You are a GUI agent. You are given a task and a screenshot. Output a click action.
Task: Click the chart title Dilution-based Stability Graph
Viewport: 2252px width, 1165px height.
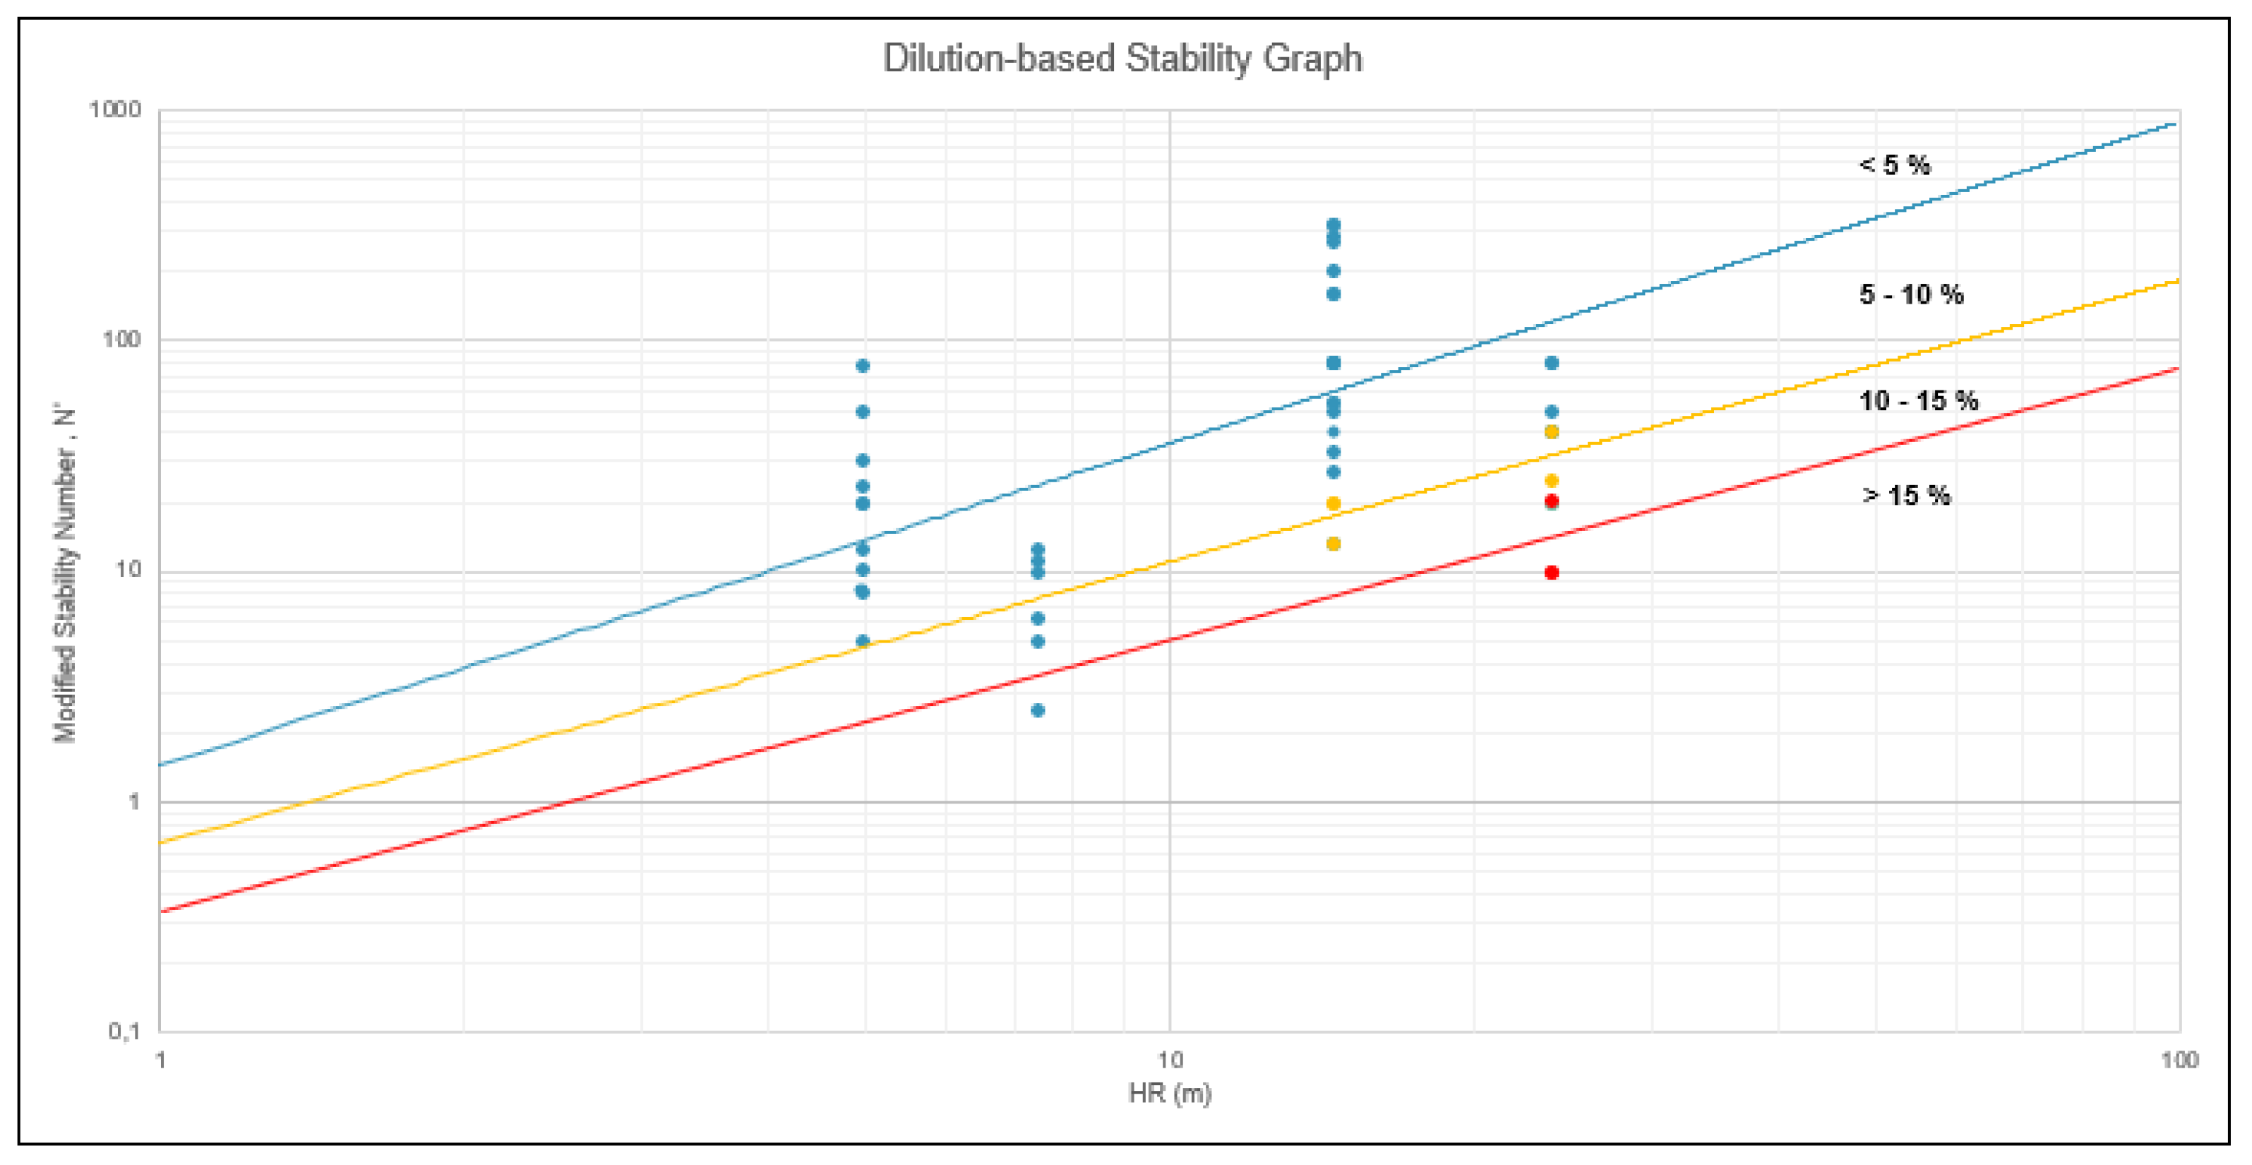(1122, 59)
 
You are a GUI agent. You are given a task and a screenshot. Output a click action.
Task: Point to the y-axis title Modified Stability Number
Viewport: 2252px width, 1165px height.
(66, 573)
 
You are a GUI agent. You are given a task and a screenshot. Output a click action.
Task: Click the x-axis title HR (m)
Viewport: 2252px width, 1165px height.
(1170, 1093)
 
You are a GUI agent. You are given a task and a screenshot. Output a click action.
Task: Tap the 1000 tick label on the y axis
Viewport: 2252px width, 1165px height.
(114, 109)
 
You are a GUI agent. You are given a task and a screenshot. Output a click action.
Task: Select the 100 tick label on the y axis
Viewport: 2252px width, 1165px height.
(121, 340)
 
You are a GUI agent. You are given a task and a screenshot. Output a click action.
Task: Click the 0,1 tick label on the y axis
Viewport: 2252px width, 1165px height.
(124, 1032)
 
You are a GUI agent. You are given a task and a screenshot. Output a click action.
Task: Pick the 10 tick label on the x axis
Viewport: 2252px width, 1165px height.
(1170, 1060)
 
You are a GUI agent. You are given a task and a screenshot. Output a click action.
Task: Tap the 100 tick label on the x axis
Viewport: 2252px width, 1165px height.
(2179, 1060)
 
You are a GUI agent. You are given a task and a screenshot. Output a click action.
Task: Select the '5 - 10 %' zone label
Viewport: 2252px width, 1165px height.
(1911, 294)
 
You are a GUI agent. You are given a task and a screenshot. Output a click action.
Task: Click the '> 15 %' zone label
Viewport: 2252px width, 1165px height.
(1906, 495)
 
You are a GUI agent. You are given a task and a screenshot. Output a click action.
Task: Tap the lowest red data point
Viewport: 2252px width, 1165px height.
(1552, 573)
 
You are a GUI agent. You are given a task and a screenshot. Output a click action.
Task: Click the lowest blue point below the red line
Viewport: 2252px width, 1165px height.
(1038, 710)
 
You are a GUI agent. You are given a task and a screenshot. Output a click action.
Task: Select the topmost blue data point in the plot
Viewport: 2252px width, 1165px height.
(1333, 225)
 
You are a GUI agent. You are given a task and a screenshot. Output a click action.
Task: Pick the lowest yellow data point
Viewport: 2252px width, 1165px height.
(1333, 544)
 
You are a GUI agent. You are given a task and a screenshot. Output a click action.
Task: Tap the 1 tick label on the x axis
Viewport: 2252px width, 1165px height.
(161, 1060)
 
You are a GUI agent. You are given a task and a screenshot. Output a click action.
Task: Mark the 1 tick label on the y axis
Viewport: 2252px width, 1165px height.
(135, 801)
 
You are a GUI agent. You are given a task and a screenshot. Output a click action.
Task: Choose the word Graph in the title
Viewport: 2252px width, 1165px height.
(1312, 59)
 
